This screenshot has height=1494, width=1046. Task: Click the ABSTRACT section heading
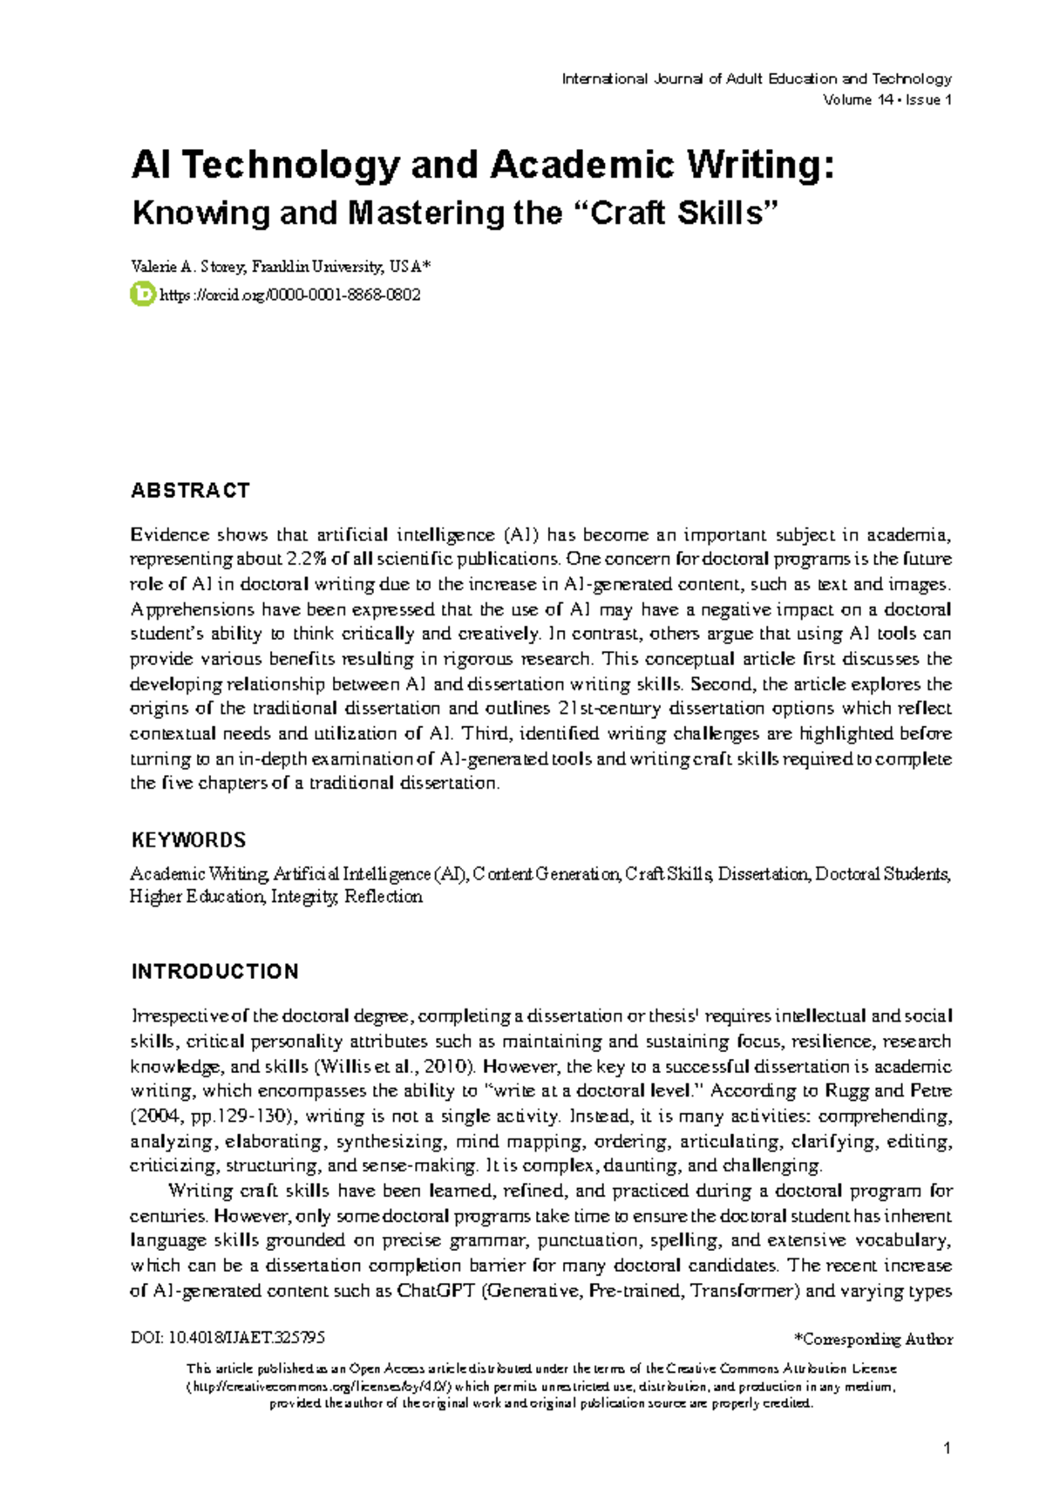190,491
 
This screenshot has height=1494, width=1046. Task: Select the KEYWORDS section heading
188,840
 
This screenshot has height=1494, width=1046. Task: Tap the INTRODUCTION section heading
214,971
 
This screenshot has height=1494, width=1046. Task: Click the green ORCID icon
142,295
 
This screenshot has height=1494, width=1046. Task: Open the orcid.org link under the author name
290,295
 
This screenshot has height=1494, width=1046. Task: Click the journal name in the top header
756,78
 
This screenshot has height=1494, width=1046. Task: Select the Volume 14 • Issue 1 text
886,100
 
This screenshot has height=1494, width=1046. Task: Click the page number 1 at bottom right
947,1449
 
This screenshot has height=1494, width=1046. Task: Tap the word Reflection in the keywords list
384,897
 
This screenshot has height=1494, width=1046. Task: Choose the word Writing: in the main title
762,166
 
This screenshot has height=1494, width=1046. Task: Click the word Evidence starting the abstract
170,534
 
